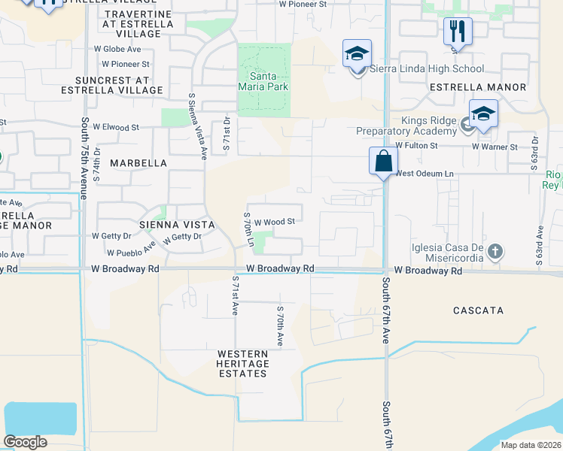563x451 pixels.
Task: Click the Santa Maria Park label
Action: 263,81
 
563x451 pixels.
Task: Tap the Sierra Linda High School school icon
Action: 357,54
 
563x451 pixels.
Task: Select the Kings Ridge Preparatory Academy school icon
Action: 483,114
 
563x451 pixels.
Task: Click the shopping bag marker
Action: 383,161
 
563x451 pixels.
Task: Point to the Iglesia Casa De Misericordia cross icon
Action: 495,252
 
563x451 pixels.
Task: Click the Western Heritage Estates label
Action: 242,363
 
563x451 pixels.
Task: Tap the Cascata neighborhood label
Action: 478,310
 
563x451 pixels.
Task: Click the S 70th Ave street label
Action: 280,325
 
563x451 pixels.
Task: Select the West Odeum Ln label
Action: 425,174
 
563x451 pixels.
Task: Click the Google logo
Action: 25,441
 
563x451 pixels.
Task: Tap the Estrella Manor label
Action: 478,87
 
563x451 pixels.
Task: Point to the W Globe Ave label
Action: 117,49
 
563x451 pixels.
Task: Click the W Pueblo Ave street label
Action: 131,252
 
